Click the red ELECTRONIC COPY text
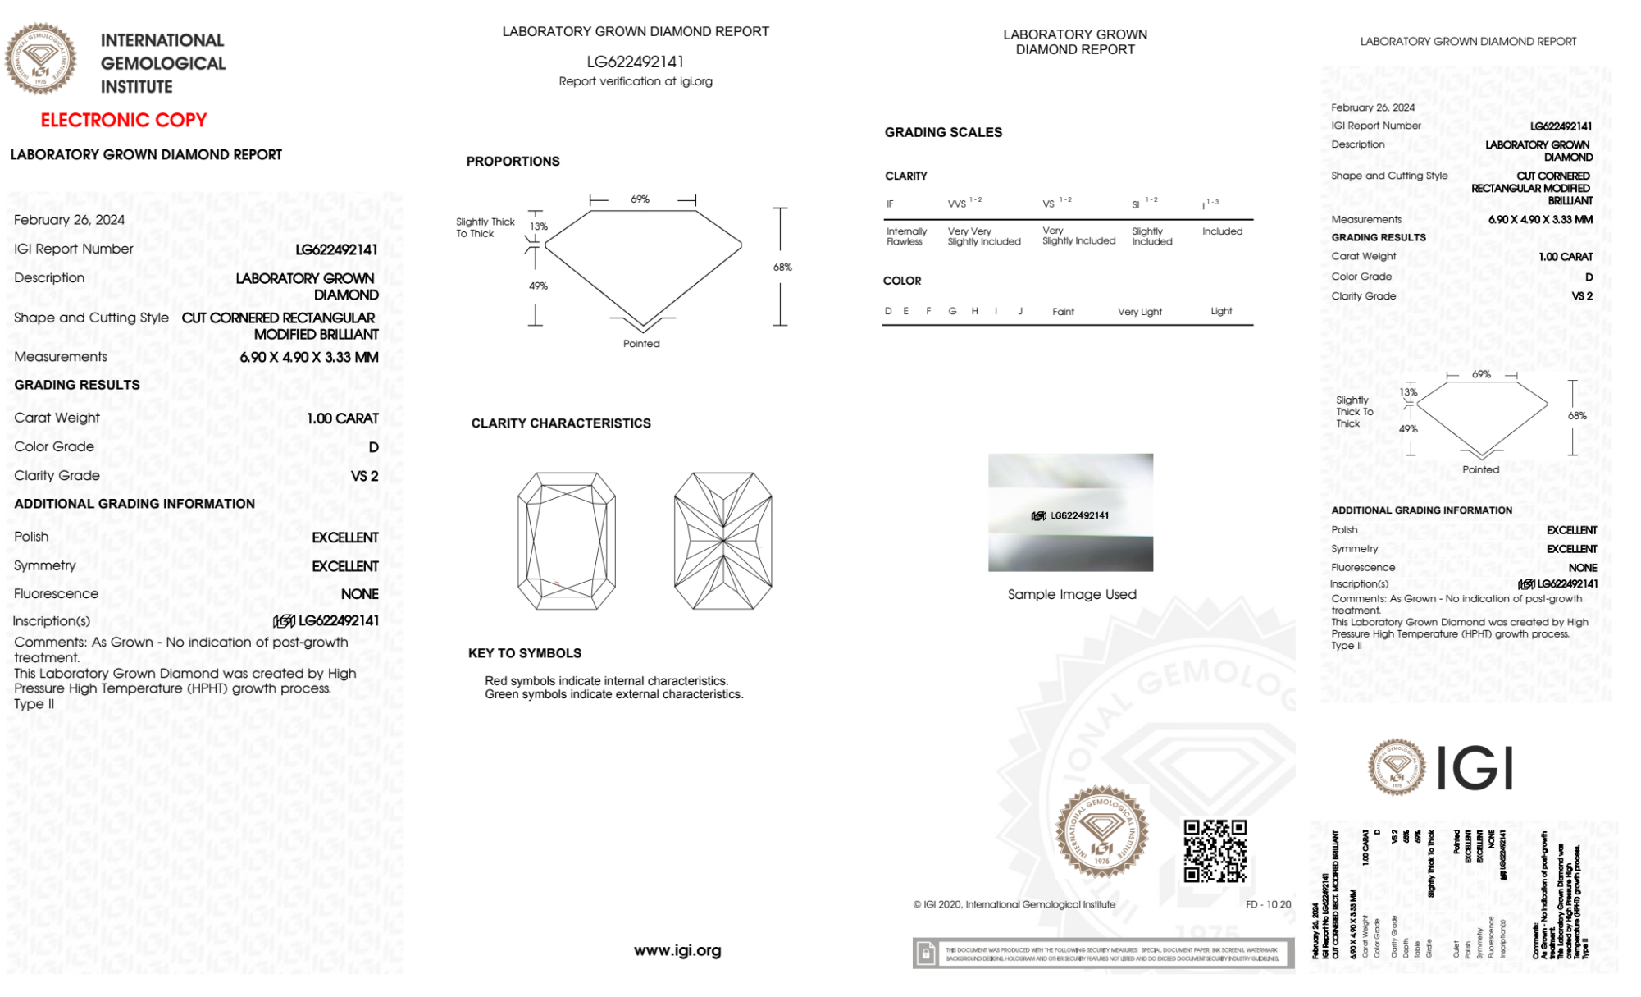click(x=124, y=120)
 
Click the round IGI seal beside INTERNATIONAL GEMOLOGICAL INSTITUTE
click(x=40, y=58)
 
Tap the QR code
click(x=1215, y=850)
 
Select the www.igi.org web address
click(x=677, y=950)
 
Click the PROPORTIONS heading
click(x=513, y=162)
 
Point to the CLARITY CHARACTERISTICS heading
click(x=561, y=423)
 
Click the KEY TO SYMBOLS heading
click(x=525, y=653)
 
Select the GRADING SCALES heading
click(x=943, y=132)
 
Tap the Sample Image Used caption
click(x=1072, y=594)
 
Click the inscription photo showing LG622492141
click(x=1070, y=512)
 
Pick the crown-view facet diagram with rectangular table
click(x=567, y=541)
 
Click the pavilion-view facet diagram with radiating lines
click(x=722, y=541)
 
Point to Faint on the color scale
click(x=1063, y=312)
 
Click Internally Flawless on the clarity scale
click(x=906, y=236)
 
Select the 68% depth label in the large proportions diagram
click(x=782, y=267)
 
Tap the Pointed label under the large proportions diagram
click(x=641, y=344)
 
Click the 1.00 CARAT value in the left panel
click(x=343, y=418)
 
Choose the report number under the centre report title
click(x=635, y=62)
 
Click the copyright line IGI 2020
click(x=1014, y=904)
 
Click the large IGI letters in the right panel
click(x=1475, y=768)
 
